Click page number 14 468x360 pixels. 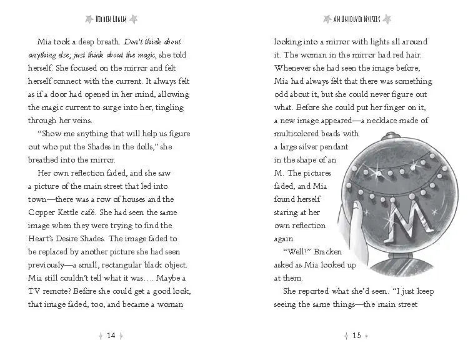pyautogui.click(x=111, y=336)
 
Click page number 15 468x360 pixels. pyautogui.click(x=357, y=336)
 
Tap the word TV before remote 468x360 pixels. pyautogui.click(x=35, y=291)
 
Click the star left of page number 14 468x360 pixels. pyautogui.click(x=101, y=336)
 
